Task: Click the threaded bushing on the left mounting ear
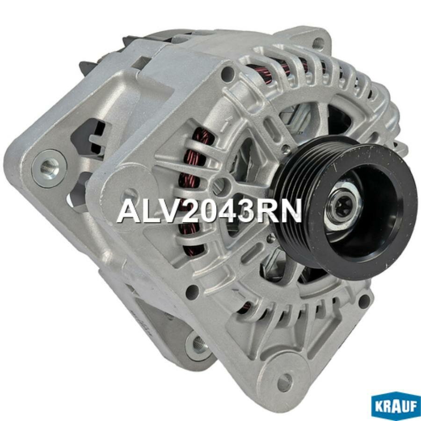[49, 167]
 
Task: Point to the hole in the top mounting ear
[318, 44]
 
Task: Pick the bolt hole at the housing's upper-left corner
[228, 73]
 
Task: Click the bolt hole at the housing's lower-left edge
[192, 292]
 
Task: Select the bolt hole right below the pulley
[364, 300]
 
